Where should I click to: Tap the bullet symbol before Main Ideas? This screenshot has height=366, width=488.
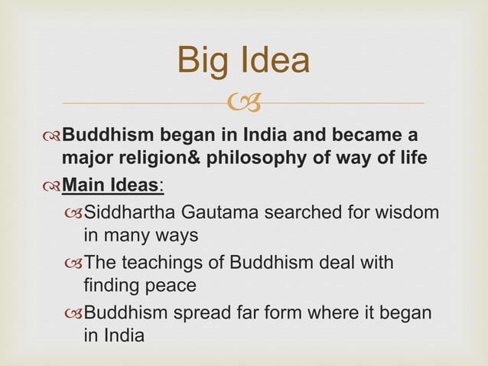pos(50,187)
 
